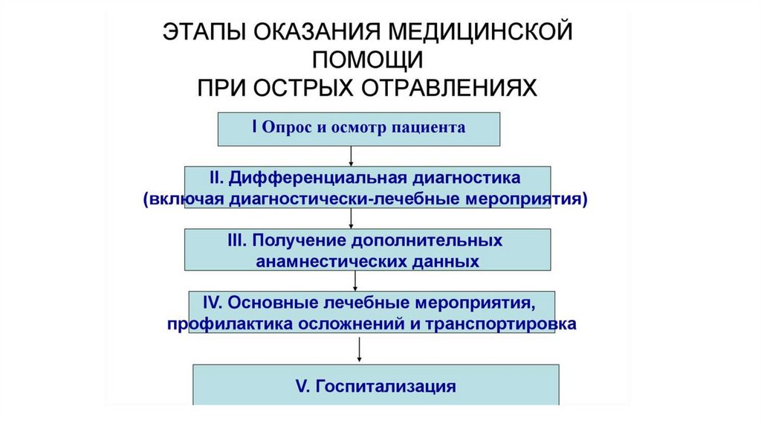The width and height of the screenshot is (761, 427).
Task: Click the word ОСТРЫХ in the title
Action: [x=304, y=87]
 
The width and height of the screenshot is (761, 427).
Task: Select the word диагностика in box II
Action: [x=467, y=179]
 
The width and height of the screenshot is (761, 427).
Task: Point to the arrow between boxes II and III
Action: [x=351, y=217]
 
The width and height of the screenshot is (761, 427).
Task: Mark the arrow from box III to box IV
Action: [x=355, y=280]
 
